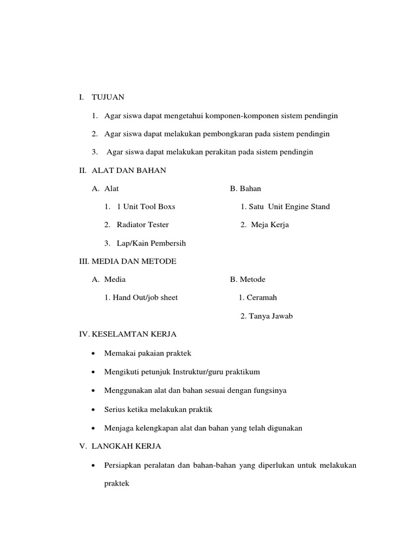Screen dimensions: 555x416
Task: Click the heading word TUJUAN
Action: (x=108, y=98)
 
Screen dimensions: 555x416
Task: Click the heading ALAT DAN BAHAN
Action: (x=129, y=170)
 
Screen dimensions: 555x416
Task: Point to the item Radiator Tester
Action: (x=142, y=225)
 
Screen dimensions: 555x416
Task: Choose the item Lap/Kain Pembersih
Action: (x=151, y=243)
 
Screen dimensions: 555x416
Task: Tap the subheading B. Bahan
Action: (x=245, y=189)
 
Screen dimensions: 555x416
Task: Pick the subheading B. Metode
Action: (x=248, y=280)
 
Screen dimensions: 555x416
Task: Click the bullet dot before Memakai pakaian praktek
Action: (x=94, y=354)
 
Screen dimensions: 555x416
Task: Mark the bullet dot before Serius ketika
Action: (x=94, y=410)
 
